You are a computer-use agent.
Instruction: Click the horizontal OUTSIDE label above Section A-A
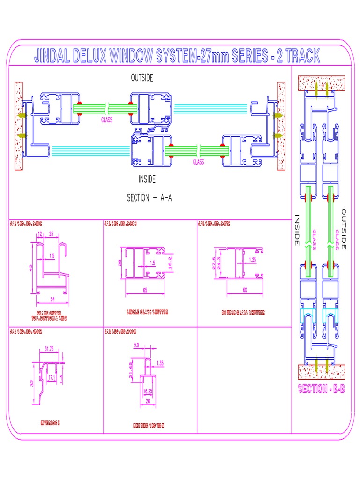(x=142, y=78)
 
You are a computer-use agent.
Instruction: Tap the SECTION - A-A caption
(x=150, y=198)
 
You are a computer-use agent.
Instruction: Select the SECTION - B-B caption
(x=322, y=389)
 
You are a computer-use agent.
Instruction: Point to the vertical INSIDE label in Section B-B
(x=297, y=230)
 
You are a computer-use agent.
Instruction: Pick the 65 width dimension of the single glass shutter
(x=145, y=291)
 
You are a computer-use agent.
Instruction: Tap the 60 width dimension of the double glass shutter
(x=245, y=290)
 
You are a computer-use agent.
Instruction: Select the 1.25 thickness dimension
(x=252, y=259)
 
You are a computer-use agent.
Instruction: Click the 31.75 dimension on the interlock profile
(x=49, y=348)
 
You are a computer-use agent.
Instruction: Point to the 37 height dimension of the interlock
(x=32, y=382)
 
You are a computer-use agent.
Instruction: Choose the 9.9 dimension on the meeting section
(x=136, y=345)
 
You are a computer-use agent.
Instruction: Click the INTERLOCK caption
(x=51, y=423)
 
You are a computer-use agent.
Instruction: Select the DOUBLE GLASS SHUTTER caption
(x=243, y=312)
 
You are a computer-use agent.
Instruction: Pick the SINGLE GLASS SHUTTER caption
(x=147, y=312)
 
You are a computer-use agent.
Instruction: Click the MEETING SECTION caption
(x=149, y=426)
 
